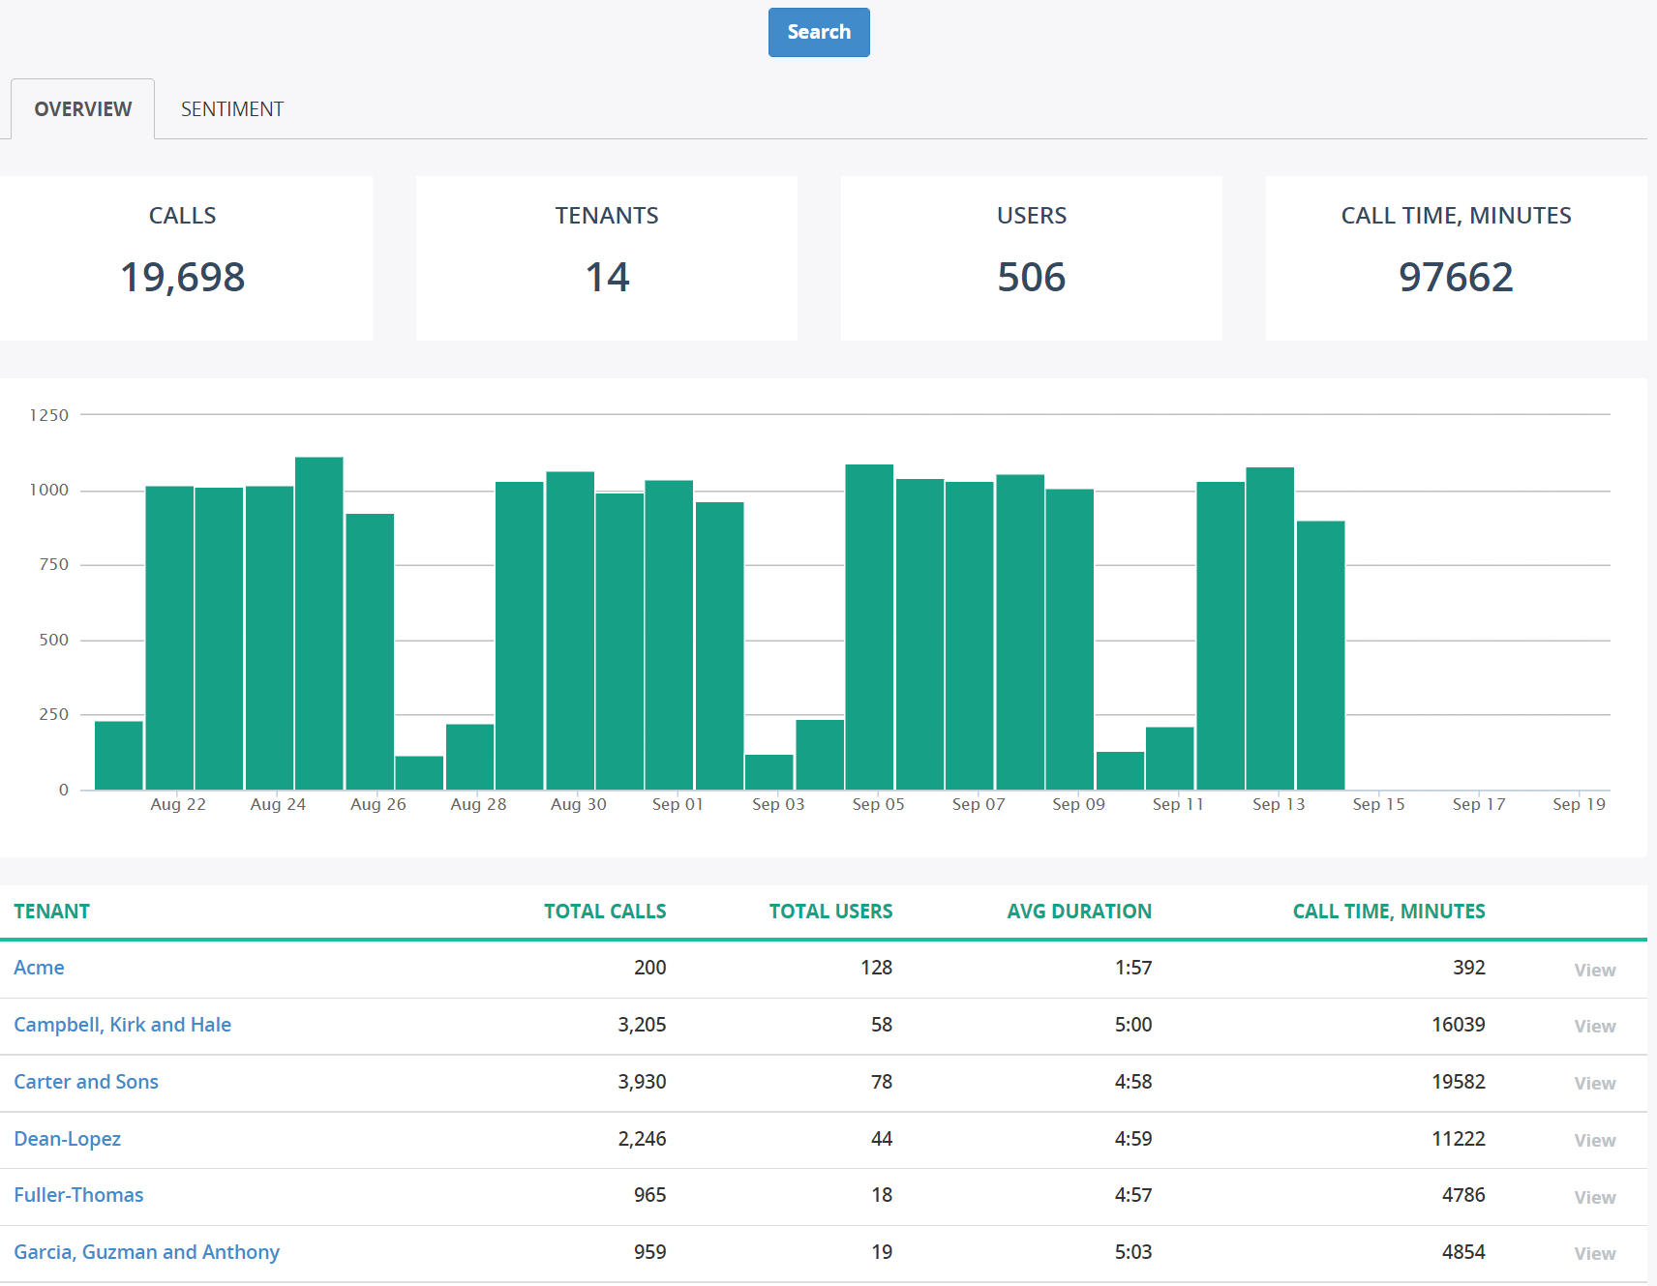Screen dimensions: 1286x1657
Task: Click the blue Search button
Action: pos(819,32)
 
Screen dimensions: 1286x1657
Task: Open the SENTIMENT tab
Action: pos(232,109)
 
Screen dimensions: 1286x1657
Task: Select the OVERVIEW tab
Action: pos(83,109)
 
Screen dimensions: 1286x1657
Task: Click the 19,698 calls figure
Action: pos(182,278)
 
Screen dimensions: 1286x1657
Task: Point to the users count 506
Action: pos(1031,278)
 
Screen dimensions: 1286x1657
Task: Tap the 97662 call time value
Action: pos(1455,278)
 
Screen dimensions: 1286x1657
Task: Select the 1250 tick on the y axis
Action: pos(49,415)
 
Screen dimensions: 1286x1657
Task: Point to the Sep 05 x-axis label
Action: pos(878,804)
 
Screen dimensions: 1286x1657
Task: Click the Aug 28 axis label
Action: pos(478,804)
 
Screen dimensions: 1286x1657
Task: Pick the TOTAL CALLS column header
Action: pos(605,912)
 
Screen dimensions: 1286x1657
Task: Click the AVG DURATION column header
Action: pos(1079,912)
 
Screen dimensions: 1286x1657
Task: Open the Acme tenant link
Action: pos(39,968)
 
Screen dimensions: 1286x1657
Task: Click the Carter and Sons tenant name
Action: pos(86,1082)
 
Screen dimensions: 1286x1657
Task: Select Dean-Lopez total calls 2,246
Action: pos(642,1139)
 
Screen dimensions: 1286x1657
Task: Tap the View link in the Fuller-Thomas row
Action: pos(1594,1197)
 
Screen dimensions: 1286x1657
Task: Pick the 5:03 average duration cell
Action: pos(1132,1252)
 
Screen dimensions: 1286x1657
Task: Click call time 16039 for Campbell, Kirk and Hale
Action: pos(1458,1025)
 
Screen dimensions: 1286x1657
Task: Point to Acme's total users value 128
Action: pos(876,968)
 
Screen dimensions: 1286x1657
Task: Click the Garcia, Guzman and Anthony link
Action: pos(146,1252)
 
